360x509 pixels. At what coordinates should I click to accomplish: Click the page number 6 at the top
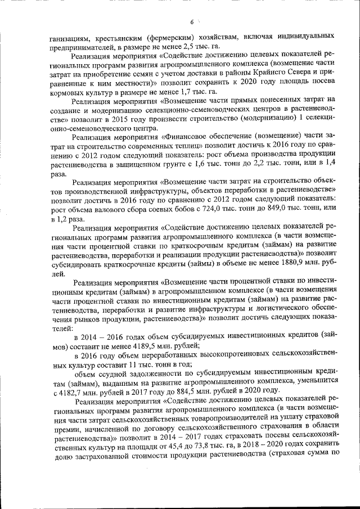[192, 22]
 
